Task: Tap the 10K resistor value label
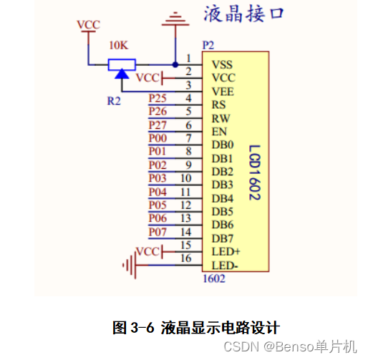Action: click(119, 45)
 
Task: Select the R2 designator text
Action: click(114, 101)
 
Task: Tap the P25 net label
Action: click(158, 98)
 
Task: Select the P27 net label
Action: click(158, 125)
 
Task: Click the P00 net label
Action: click(158, 138)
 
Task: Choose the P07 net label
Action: click(158, 232)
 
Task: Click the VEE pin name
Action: click(222, 91)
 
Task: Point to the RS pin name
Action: click(218, 104)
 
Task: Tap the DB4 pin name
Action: click(222, 198)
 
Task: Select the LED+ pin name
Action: click(225, 252)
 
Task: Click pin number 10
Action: click(185, 177)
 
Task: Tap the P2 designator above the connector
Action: click(208, 44)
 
